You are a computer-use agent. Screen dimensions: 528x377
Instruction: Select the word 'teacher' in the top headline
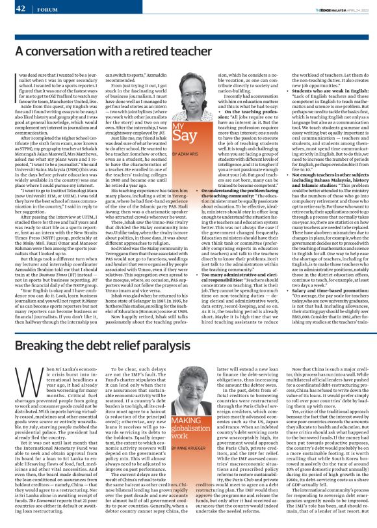pos(194,51)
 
